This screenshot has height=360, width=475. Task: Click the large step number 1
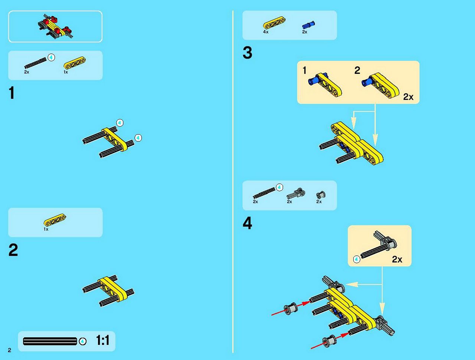[12, 93]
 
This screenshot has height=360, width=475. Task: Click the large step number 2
[13, 250]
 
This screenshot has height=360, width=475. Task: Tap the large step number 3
[248, 53]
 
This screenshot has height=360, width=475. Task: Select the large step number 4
[248, 223]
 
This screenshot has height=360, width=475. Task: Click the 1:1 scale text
[102, 340]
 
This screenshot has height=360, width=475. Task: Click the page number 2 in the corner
[10, 350]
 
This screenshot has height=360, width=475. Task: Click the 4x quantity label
[266, 32]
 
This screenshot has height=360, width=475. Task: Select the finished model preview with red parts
[55, 26]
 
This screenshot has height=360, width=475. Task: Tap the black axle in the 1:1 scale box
[50, 341]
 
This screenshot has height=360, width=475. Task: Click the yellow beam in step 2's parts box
[55, 220]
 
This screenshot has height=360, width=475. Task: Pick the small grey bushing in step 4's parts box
[321, 195]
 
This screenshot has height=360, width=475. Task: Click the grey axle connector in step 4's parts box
[296, 194]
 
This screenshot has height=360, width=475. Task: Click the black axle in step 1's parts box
[36, 63]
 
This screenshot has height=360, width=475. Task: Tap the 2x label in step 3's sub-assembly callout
[408, 97]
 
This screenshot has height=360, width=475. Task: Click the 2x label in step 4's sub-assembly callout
[397, 260]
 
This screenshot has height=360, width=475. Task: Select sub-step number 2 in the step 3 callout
[357, 70]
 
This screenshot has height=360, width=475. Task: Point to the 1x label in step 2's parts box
[46, 229]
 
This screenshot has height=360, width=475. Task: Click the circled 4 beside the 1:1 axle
[82, 341]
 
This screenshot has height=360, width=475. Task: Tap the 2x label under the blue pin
[305, 32]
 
